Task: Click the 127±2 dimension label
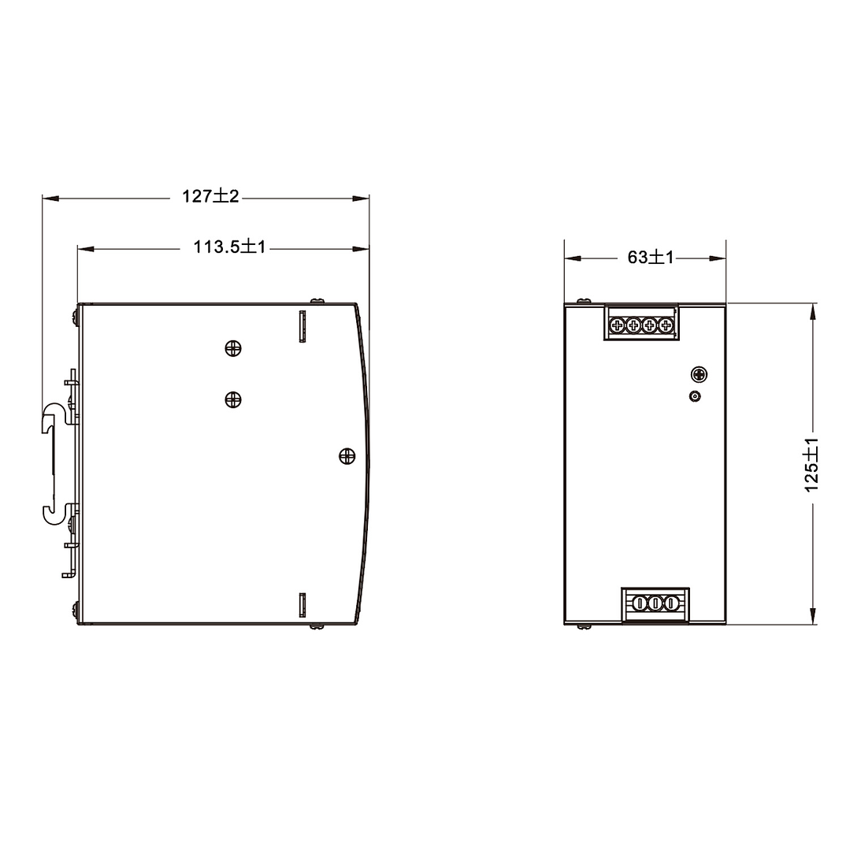pos(210,196)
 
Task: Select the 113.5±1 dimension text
pos(230,247)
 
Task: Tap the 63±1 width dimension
pos(651,258)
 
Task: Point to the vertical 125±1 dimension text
pos(811,465)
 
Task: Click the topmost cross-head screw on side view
pos(233,348)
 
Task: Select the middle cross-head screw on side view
pos(233,400)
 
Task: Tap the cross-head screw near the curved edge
pos(347,456)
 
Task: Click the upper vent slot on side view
pos(303,326)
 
